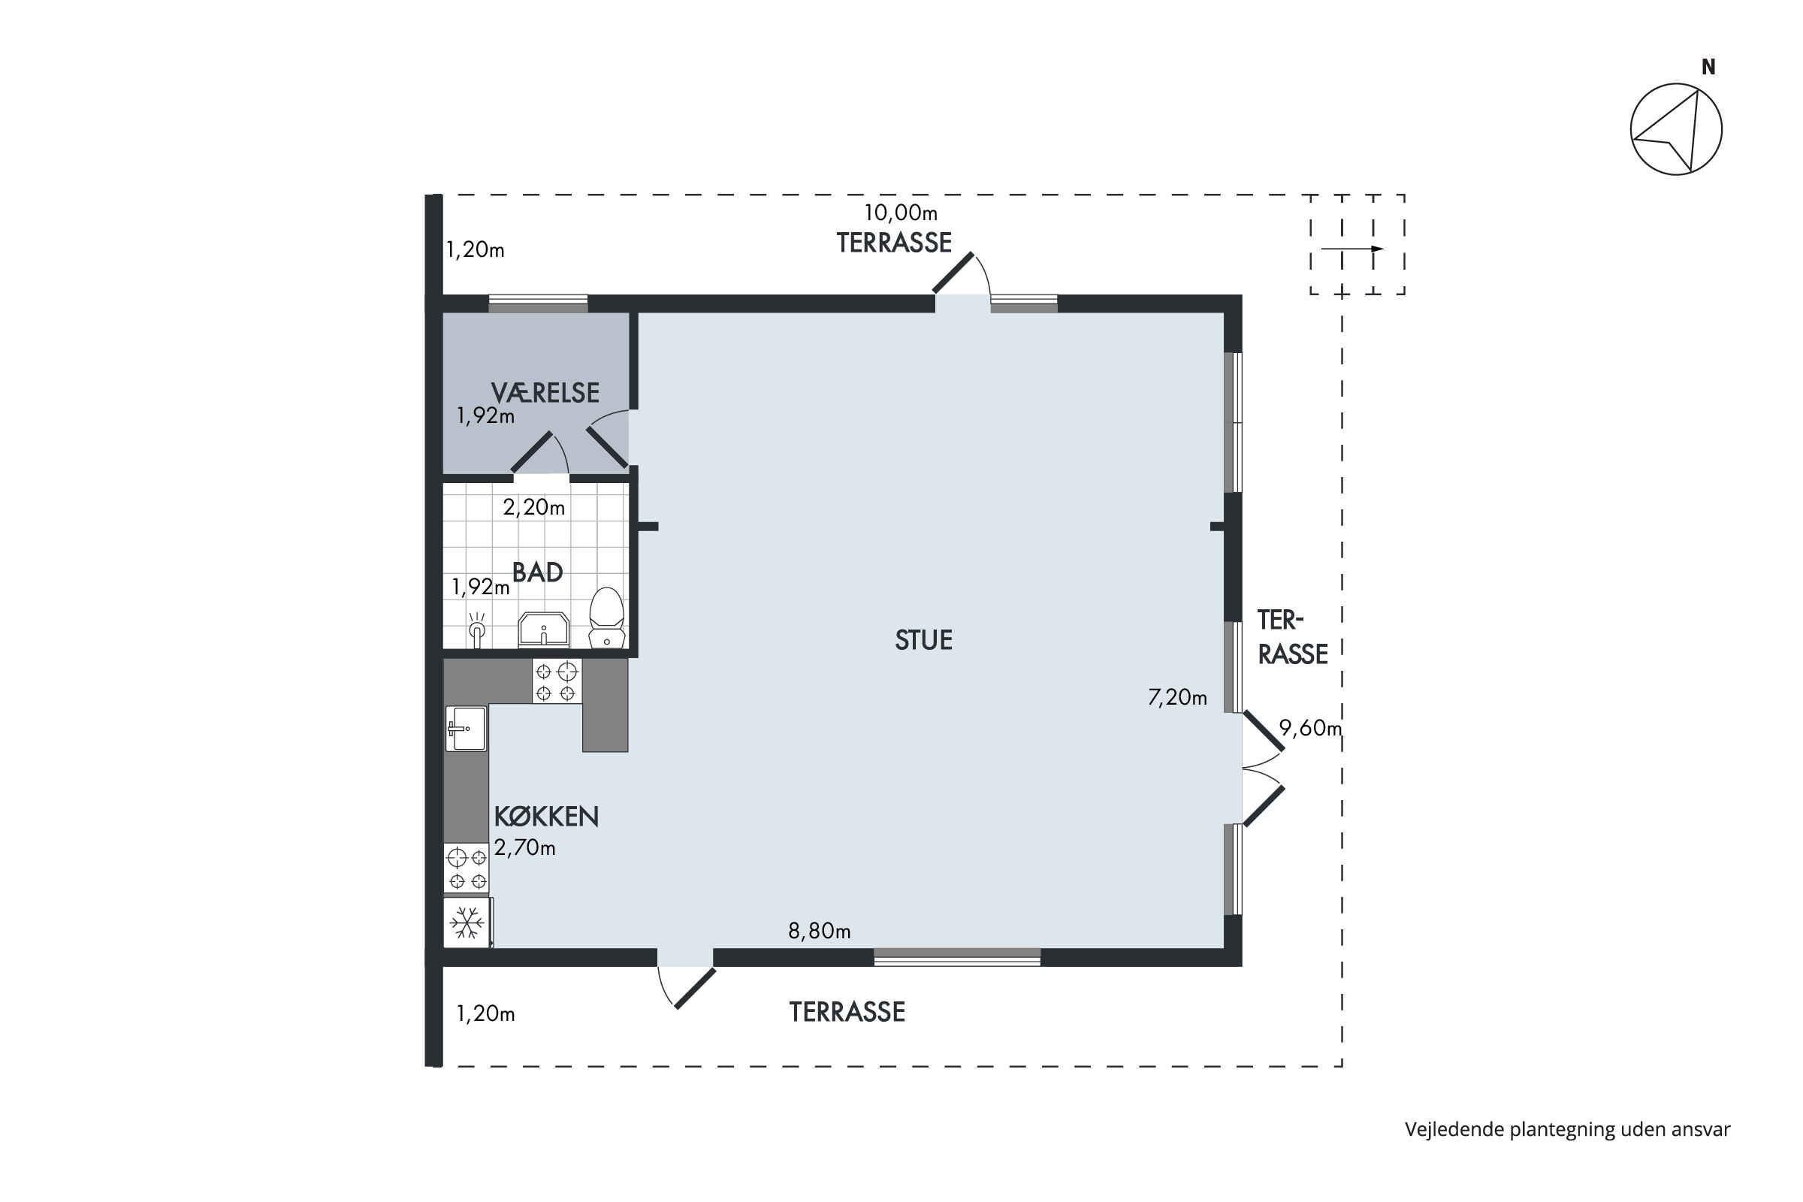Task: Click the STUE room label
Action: [923, 640]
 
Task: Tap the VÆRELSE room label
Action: [545, 392]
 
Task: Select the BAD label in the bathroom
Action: [537, 572]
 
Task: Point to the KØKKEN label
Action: [547, 817]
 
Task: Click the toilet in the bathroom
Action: [606, 618]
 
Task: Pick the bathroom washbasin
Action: [543, 630]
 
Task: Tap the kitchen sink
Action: [466, 728]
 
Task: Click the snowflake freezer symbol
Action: [467, 923]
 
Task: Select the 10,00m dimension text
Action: [901, 213]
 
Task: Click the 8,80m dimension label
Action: [820, 931]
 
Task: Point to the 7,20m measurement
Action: [1177, 697]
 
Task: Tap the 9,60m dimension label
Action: [1310, 727]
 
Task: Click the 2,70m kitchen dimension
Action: [525, 847]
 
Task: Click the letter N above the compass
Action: [1708, 68]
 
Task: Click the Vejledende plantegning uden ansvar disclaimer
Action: [1568, 1129]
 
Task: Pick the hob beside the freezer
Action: [467, 868]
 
